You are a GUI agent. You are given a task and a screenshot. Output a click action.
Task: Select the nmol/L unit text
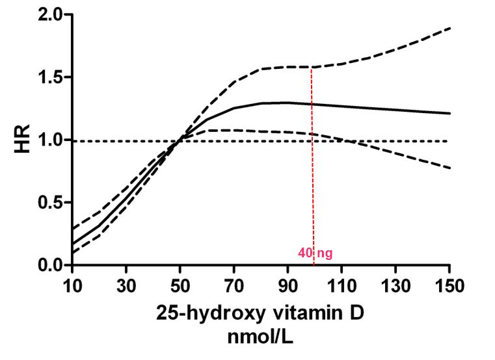261,338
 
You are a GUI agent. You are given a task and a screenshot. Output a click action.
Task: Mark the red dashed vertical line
313,195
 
